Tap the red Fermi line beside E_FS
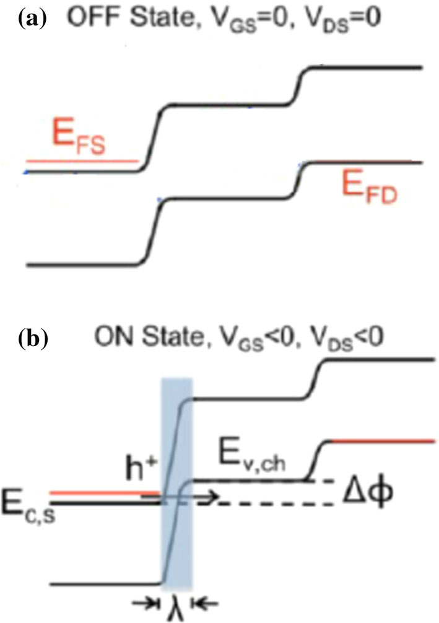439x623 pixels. click(x=80, y=160)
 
